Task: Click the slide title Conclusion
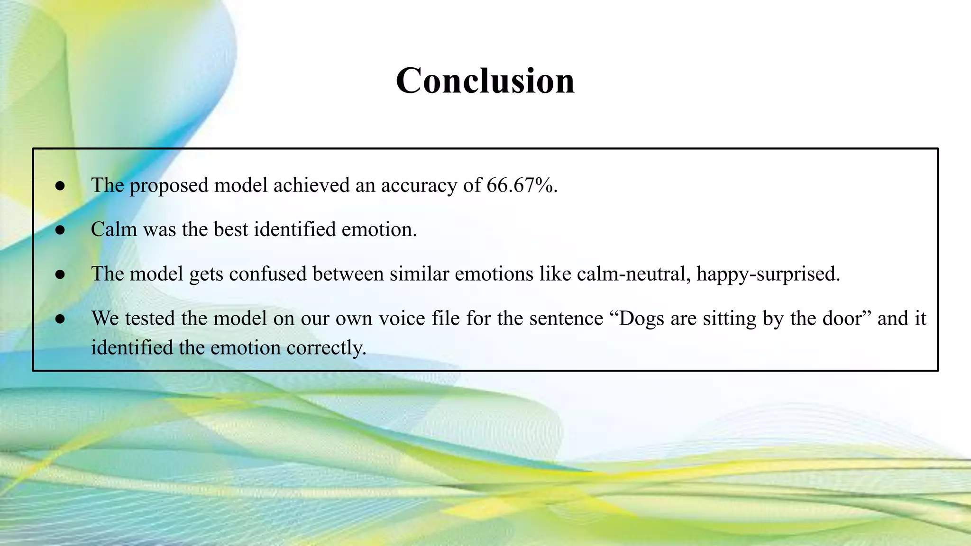click(485, 81)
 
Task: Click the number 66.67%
click(521, 185)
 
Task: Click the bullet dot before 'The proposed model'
click(60, 186)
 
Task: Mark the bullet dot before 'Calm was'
click(60, 230)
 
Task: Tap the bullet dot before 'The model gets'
click(60, 274)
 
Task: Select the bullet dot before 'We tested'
click(60, 319)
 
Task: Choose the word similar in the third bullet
click(419, 274)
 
